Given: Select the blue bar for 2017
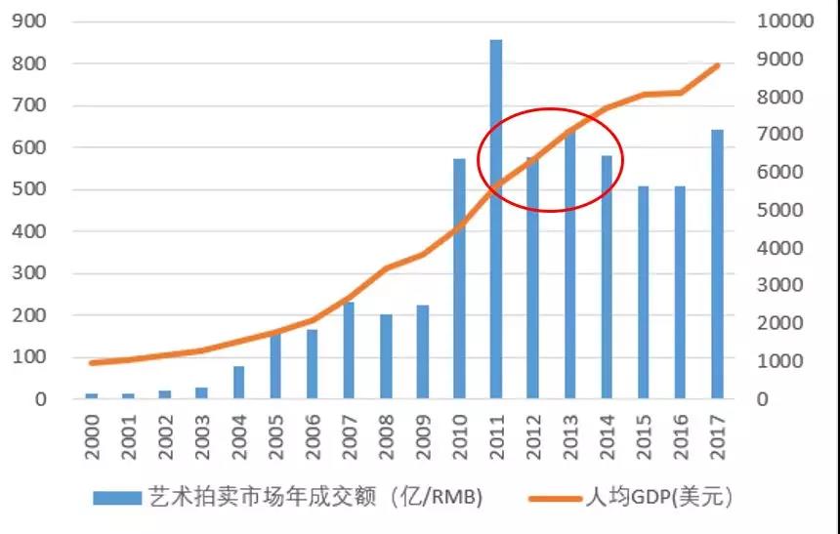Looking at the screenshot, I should pyautogui.click(x=717, y=265).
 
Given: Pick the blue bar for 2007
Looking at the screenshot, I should pyautogui.click(x=349, y=350).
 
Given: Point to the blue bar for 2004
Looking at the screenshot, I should pyautogui.click(x=238, y=383).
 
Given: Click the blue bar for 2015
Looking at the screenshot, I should pyautogui.click(x=644, y=292).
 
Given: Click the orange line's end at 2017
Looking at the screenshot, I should pyautogui.click(x=718, y=65).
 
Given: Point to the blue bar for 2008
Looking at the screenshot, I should pyautogui.click(x=386, y=356).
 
